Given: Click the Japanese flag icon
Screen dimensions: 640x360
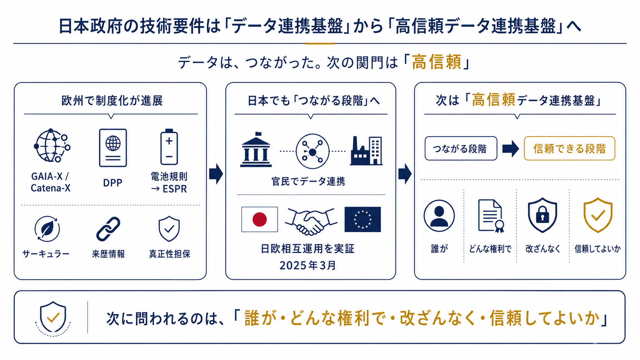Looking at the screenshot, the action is click(260, 219).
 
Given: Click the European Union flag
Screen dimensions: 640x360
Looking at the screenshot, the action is click(362, 219).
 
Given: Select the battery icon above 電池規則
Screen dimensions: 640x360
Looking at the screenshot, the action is click(169, 147).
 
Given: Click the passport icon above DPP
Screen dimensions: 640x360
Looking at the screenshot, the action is click(113, 148).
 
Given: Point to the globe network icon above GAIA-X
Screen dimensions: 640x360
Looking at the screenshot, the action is click(52, 145).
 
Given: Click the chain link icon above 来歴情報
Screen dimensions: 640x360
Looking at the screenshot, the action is click(108, 229).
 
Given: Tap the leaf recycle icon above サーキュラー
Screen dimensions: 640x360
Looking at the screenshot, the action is click(47, 229).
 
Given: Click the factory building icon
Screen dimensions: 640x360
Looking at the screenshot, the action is click(366, 151).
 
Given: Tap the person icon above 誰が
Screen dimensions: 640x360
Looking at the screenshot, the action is click(439, 215).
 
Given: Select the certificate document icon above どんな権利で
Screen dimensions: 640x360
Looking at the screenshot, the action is click(491, 216).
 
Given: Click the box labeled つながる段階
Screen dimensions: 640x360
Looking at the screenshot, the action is click(461, 148).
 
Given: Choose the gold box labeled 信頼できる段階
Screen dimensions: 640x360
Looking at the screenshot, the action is click(570, 148).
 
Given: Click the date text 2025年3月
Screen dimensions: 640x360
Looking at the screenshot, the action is click(308, 266).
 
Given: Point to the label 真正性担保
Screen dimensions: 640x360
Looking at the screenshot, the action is click(170, 254).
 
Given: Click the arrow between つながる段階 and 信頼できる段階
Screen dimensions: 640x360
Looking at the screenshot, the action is click(511, 148).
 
